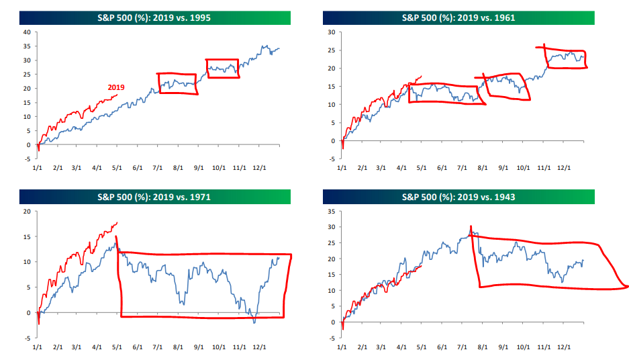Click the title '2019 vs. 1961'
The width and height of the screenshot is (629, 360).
458,17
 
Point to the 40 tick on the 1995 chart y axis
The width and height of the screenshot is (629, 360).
27,32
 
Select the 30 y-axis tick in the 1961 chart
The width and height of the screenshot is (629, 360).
331,32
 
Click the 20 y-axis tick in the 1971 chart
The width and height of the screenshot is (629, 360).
27,211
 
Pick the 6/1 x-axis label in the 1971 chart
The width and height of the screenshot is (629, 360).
139,348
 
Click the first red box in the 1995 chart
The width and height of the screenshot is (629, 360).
177,84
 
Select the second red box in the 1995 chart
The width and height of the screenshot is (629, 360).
222,68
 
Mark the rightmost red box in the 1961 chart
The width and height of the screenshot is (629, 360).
565,58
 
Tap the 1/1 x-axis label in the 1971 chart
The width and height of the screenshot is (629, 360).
38,348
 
